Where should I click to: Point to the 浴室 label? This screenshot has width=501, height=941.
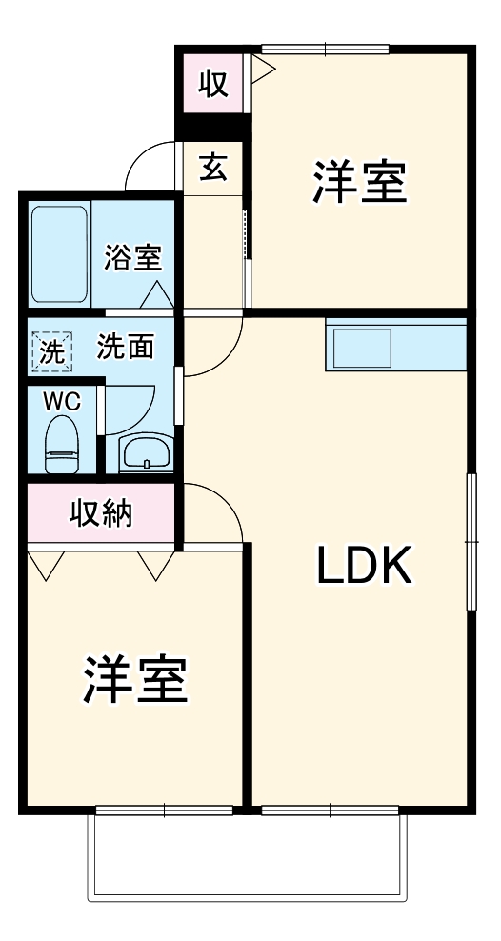132,256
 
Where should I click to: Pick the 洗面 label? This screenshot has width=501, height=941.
125,347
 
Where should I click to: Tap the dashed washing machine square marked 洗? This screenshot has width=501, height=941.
51,350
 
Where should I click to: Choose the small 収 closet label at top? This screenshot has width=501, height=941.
212,84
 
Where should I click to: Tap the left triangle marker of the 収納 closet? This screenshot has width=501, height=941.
41,566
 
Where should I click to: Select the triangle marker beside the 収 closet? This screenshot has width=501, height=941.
262,67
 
